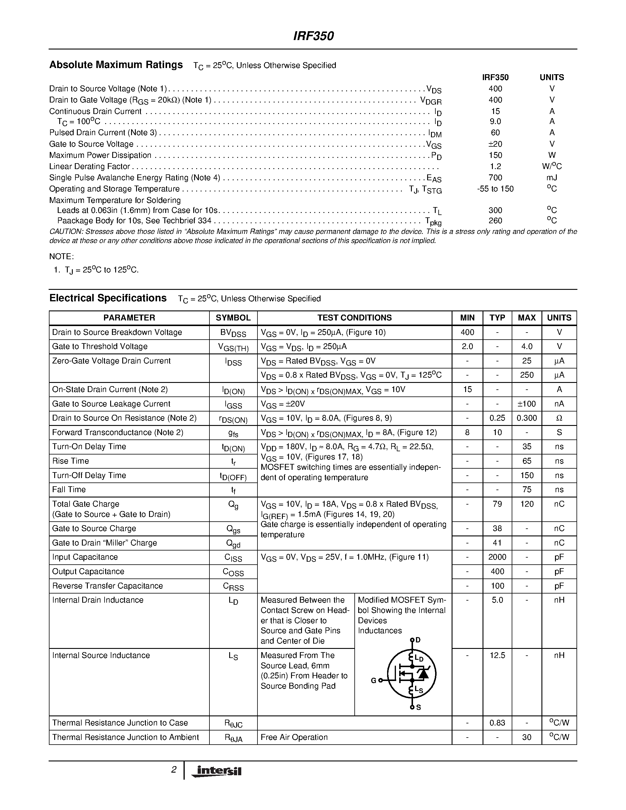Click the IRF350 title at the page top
[x=313, y=36]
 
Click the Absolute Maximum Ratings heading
[x=116, y=65]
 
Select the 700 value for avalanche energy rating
[x=495, y=178]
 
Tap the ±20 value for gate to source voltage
[x=495, y=144]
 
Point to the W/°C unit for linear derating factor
[x=551, y=166]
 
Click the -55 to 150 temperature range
[x=495, y=189]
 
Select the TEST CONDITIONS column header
[x=354, y=318]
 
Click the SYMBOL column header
[x=233, y=318]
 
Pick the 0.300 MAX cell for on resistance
[x=527, y=418]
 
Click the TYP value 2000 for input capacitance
[x=497, y=557]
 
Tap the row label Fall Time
[x=69, y=490]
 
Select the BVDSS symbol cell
[x=233, y=333]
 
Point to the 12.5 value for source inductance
[x=497, y=655]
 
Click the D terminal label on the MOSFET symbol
[x=418, y=640]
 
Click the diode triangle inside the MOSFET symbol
[x=423, y=674]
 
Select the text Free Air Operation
[x=294, y=737]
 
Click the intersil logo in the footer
[x=216, y=771]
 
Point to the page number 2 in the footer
[x=174, y=770]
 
